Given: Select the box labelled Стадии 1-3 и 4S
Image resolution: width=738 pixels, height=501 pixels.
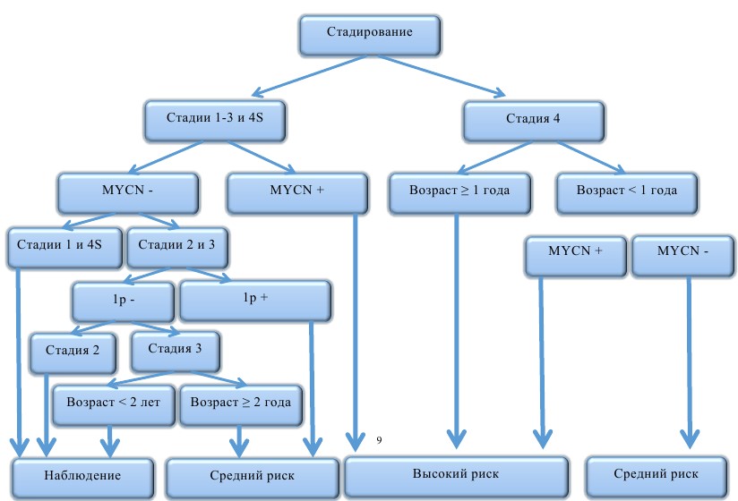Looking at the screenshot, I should (x=215, y=118).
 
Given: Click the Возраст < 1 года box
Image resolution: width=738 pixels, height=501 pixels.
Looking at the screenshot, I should (x=627, y=191).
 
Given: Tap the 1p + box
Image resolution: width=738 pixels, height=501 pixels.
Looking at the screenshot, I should (x=255, y=299).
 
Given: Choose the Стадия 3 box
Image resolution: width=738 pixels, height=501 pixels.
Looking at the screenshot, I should (x=175, y=349).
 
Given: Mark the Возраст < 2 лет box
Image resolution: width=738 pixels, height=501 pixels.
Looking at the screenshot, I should (x=113, y=403).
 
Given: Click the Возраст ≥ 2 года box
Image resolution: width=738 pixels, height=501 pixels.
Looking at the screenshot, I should (x=240, y=403).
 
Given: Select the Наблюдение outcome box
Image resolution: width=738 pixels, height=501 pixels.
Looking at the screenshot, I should (x=82, y=474).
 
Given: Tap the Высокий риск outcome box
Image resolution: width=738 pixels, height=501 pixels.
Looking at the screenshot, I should (x=456, y=474).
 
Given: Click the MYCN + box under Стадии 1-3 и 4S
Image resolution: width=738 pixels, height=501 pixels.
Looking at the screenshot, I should (x=296, y=191).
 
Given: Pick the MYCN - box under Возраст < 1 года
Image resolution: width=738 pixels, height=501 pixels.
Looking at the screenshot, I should (x=682, y=252).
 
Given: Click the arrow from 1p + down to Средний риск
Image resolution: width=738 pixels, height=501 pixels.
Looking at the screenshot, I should (x=313, y=385).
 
